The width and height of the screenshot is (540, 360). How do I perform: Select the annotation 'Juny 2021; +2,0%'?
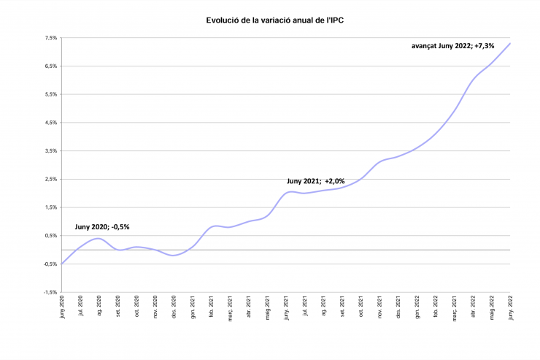[x=316, y=180]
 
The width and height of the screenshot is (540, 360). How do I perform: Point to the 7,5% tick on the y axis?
[x=50, y=38]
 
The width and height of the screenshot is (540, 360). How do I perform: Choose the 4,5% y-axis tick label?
[x=50, y=123]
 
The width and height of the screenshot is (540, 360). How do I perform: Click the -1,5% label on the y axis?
[x=50, y=292]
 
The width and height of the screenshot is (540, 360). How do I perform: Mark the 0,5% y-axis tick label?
[x=50, y=236]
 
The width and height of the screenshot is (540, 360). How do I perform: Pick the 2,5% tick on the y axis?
[x=50, y=179]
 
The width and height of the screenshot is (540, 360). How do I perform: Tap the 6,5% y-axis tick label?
[x=50, y=66]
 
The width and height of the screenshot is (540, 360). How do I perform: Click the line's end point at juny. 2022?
[x=510, y=43]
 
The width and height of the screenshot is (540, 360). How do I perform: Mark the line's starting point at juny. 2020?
[x=62, y=264]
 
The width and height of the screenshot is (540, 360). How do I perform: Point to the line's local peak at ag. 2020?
[x=98, y=238]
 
